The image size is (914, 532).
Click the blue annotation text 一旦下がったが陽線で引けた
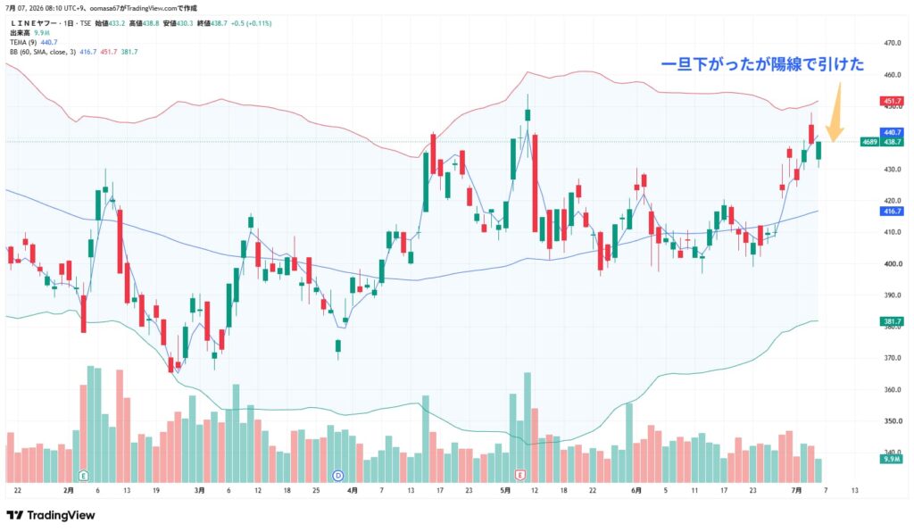coord(762,64)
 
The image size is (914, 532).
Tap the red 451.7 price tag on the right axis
coord(892,101)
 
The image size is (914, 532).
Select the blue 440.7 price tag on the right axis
coord(892,132)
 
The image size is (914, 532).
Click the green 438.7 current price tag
coord(892,142)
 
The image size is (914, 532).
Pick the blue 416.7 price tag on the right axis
coord(892,211)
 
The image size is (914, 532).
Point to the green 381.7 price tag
coord(892,321)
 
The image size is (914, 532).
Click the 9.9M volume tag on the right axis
coord(892,459)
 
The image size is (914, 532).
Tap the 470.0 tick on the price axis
coord(893,43)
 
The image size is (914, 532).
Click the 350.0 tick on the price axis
coord(893,420)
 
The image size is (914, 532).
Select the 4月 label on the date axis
coord(352,491)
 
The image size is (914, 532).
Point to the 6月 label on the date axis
coord(636,491)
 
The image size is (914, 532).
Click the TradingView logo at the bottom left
coord(51,515)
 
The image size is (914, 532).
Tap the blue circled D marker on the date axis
coord(338,476)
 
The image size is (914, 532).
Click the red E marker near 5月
coord(520,476)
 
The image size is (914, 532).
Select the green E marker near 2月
coord(83,476)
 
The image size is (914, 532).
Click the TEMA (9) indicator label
coord(23,43)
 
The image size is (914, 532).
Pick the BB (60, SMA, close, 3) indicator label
coord(43,52)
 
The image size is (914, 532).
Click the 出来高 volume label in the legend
coord(20,33)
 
